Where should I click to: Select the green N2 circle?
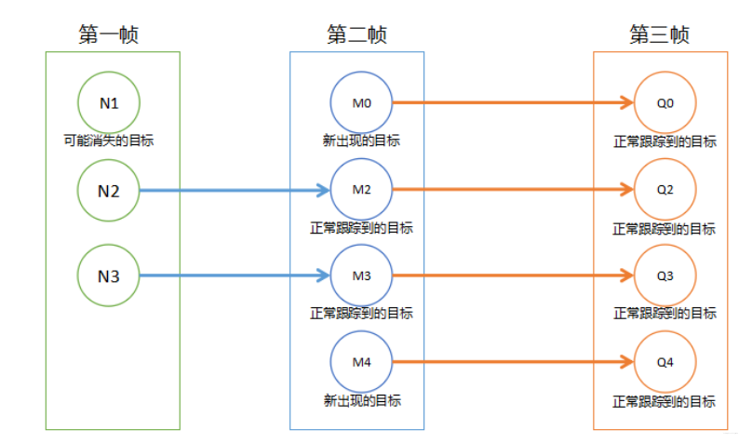point(109,191)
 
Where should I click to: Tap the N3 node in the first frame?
point(109,275)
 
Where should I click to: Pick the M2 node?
point(362,190)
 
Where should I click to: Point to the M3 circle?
point(362,275)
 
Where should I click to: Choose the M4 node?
point(362,362)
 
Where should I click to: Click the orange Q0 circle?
point(665,102)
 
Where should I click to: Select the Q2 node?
point(665,190)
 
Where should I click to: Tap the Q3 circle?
point(665,275)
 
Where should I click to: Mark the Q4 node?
point(665,362)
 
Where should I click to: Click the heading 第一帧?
point(109,34)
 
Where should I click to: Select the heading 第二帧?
point(356,34)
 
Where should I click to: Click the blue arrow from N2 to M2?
point(233,191)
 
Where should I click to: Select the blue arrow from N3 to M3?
point(233,275)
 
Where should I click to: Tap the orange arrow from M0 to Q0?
point(512,102)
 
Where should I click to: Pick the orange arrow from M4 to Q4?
point(512,362)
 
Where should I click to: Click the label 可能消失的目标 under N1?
point(109,141)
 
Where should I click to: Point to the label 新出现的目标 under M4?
point(362,401)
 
